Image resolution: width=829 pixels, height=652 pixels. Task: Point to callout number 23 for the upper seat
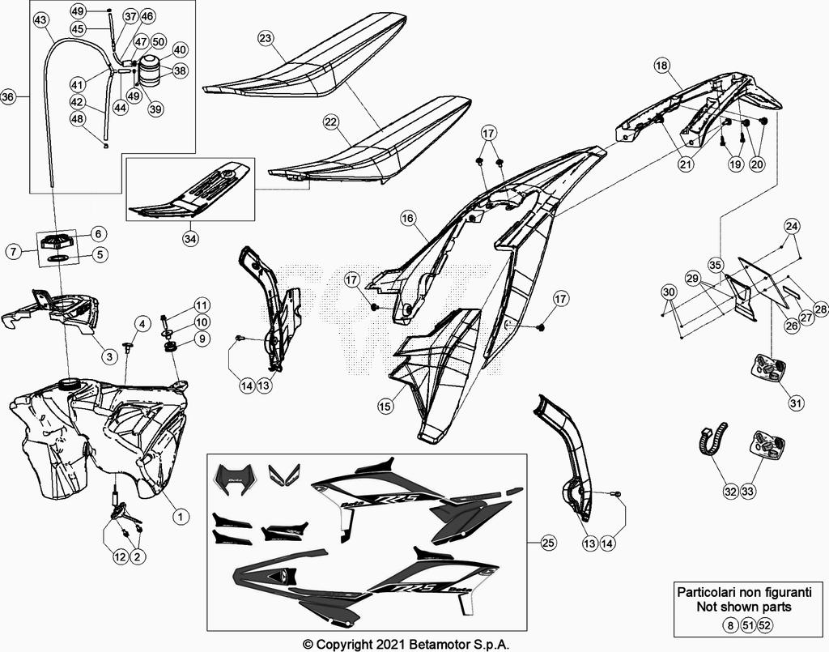pyautogui.click(x=266, y=38)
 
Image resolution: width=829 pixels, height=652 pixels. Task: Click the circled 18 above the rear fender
pyautogui.click(x=662, y=65)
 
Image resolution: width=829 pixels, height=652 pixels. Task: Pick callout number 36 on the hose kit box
pyautogui.click(x=8, y=97)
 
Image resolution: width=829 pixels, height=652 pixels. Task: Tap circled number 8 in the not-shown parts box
pyautogui.click(x=731, y=624)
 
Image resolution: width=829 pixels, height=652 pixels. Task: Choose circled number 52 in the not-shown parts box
pyautogui.click(x=765, y=624)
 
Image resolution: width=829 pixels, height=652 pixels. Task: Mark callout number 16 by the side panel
pyautogui.click(x=407, y=218)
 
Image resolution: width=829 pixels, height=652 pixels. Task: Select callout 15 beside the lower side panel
pyautogui.click(x=385, y=405)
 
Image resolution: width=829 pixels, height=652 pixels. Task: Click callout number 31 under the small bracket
pyautogui.click(x=797, y=403)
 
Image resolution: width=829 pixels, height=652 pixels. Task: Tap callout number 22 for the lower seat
pyautogui.click(x=330, y=121)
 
